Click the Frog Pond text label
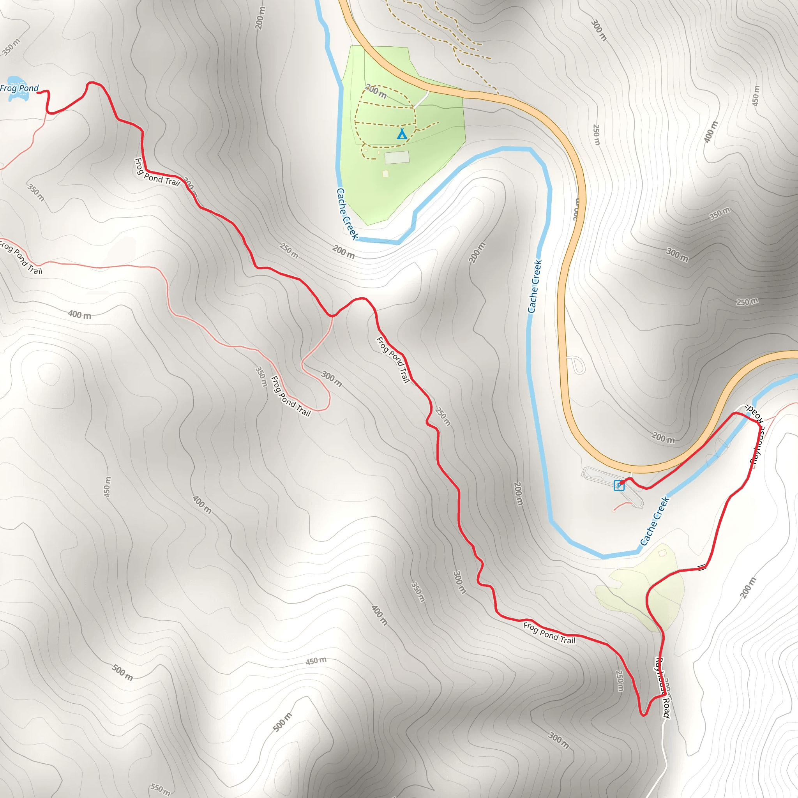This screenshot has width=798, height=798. click(x=19, y=88)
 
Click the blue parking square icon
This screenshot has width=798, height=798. click(x=618, y=486)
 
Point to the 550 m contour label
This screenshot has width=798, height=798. click(x=160, y=789)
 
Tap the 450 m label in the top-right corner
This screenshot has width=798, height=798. click(x=756, y=96)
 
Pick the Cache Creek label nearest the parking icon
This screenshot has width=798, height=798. click(x=654, y=521)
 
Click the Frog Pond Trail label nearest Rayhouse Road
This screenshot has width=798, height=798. click(x=549, y=633)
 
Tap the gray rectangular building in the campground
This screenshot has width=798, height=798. click(x=397, y=157)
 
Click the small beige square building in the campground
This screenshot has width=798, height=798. click(x=385, y=174)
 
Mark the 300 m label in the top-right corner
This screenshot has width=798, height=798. click(x=599, y=30)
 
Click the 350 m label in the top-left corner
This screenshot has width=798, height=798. click(x=11, y=47)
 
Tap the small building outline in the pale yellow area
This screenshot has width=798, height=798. click(x=662, y=553)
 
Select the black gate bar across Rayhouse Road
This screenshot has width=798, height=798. click(x=701, y=567)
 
